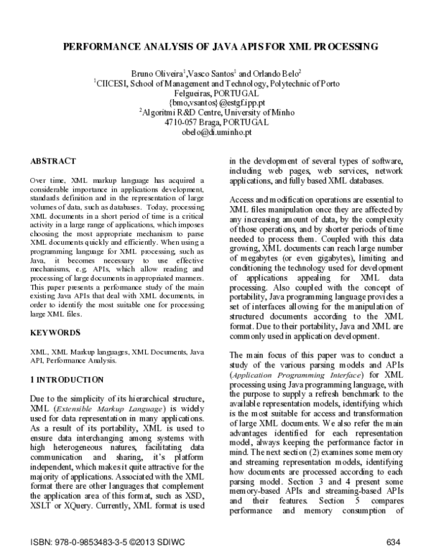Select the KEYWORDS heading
[56, 333]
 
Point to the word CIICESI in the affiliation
[113, 84]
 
